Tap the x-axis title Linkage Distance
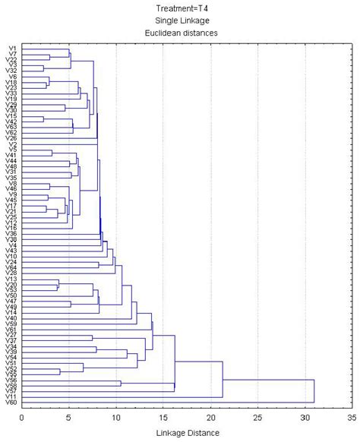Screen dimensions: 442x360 (x=188, y=432)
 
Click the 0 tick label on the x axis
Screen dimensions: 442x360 (x=22, y=417)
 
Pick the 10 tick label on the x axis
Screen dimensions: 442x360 (x=116, y=417)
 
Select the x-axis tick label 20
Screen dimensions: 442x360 (x=210, y=417)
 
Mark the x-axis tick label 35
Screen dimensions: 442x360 (x=352, y=417)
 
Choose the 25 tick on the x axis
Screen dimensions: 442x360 (x=257, y=417)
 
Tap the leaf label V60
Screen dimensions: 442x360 (x=11, y=403)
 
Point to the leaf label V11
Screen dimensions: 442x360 (x=11, y=396)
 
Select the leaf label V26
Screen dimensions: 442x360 (x=11, y=137)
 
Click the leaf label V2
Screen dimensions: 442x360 (x=11, y=144)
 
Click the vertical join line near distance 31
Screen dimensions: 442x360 (x=314, y=391)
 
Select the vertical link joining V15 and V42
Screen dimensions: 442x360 (x=43, y=118)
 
